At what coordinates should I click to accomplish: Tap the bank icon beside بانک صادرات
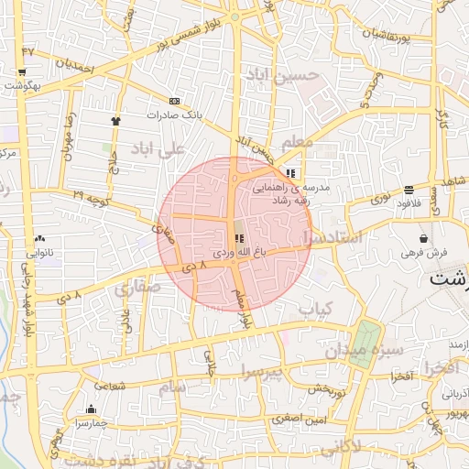174,101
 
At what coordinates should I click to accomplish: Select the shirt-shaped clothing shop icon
115,120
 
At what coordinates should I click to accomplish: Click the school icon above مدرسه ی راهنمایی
290,172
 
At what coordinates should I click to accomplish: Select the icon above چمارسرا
91,409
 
